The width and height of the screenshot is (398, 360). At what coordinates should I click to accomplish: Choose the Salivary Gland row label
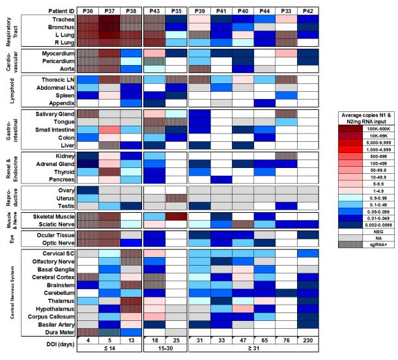[x=49, y=113]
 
